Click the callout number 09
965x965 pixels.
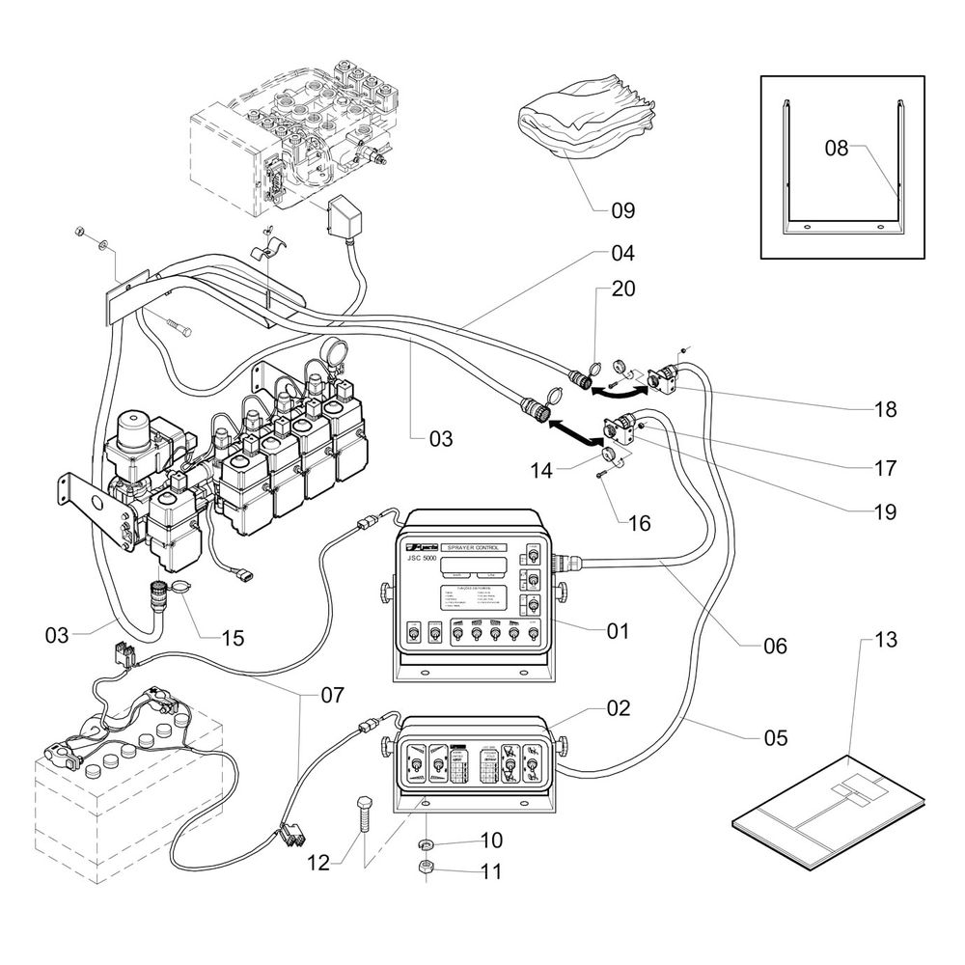(x=622, y=209)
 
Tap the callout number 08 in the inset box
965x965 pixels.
(x=836, y=148)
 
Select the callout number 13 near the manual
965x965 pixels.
(x=885, y=639)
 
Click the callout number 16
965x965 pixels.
(x=639, y=523)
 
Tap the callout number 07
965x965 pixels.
(x=331, y=694)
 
